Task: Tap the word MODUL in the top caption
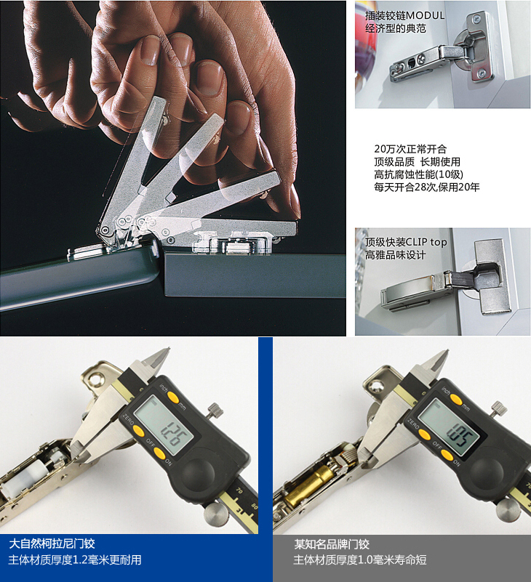point(425,15)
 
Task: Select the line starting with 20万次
point(410,149)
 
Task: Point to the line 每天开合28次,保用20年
point(426,187)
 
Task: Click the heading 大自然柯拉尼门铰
point(52,543)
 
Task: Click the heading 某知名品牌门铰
point(332,544)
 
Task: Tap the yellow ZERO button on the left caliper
point(139,431)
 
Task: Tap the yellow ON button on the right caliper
point(447,456)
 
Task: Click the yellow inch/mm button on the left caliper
point(173,397)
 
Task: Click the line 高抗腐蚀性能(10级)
point(418,174)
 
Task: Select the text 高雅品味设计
point(395,255)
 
